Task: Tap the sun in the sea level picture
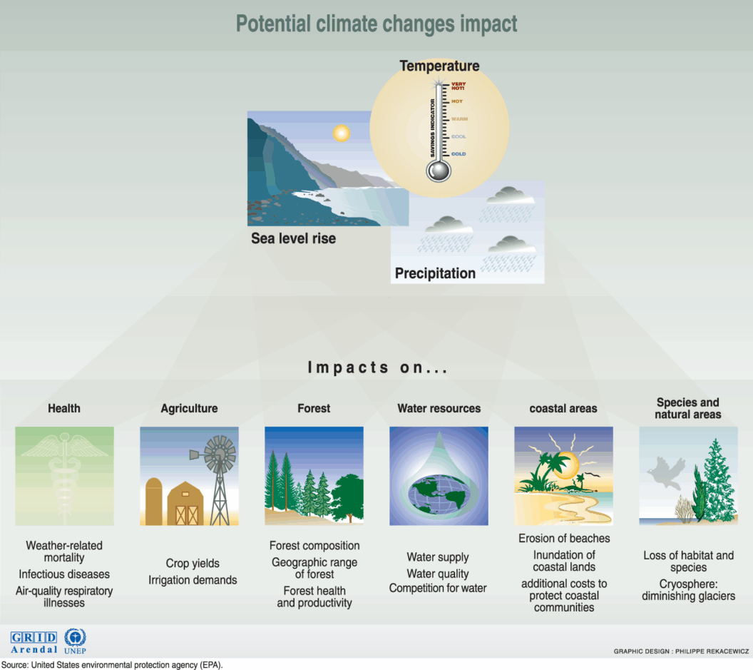[x=342, y=133]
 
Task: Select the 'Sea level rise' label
[x=293, y=238]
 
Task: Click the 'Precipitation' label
[x=435, y=273]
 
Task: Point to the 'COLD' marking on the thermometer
[x=459, y=154]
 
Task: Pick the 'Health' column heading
[x=64, y=409]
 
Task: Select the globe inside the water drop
[x=439, y=493]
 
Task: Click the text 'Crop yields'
[x=193, y=564]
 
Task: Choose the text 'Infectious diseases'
[x=64, y=574]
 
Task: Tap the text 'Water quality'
[x=438, y=574]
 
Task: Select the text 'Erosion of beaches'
[x=564, y=539]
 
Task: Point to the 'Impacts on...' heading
[x=377, y=368]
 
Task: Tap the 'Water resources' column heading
[x=439, y=409]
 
